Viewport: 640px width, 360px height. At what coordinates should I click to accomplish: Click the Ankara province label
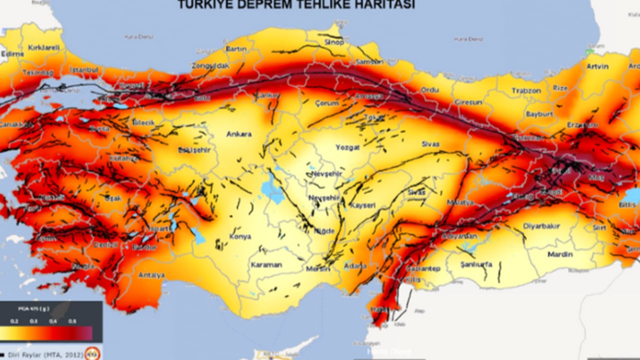click(239, 134)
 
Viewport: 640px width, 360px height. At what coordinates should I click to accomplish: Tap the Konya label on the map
click(240, 236)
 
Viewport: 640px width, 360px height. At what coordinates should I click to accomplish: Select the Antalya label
click(151, 275)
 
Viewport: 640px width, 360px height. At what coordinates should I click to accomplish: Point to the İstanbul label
click(84, 70)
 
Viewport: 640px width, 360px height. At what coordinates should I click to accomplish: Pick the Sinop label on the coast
click(334, 42)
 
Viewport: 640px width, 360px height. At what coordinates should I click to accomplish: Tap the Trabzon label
click(526, 90)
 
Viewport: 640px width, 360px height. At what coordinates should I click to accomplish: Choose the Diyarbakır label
click(541, 226)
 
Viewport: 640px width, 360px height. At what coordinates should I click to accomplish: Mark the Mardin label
click(560, 254)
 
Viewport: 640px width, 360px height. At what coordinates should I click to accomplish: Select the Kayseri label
click(362, 205)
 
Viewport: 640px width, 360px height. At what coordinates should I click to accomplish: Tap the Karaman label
click(266, 264)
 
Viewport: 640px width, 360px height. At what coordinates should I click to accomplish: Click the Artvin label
click(597, 66)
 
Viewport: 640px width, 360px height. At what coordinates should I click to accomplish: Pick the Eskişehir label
click(194, 150)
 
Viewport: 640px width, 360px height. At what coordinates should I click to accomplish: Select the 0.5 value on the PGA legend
click(72, 321)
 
